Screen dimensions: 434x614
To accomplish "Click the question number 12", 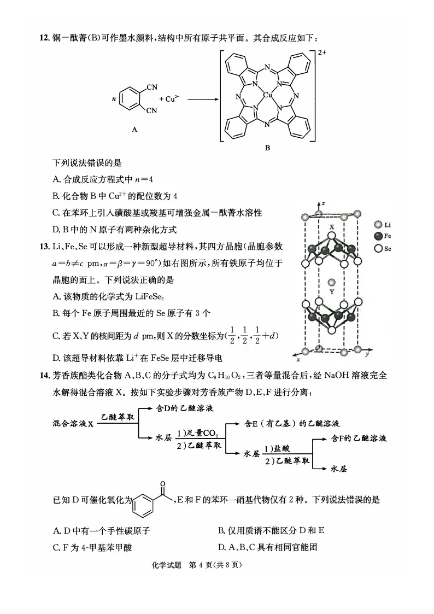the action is [44, 38].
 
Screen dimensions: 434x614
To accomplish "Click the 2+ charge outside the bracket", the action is [322, 52].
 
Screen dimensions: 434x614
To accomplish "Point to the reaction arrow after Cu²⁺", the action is [203, 99].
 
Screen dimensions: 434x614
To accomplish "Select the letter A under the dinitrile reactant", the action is [134, 129].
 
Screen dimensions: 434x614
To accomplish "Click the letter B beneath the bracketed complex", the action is [267, 148].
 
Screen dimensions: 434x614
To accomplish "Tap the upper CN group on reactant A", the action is [152, 87].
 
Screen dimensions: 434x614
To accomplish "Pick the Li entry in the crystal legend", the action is [383, 225].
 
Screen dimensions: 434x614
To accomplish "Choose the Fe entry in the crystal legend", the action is [383, 236].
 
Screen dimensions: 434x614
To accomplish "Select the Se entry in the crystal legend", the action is [383, 248].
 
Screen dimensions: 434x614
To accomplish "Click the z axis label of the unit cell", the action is [323, 203].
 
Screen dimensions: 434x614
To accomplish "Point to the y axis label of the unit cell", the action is [367, 354].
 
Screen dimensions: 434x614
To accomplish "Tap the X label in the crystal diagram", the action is [332, 227].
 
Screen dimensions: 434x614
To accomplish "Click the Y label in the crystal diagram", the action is [332, 292].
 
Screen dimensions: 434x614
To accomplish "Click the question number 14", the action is [44, 376].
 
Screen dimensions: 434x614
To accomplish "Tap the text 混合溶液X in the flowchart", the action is [73, 424].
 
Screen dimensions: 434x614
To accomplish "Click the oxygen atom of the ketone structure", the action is [163, 484].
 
